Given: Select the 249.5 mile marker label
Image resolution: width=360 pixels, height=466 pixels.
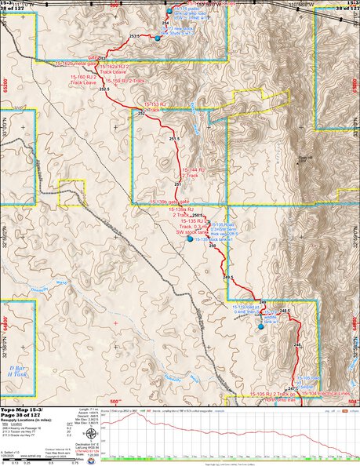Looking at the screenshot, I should click(228, 277).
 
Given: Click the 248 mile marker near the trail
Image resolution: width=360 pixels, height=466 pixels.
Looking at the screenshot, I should click(297, 345).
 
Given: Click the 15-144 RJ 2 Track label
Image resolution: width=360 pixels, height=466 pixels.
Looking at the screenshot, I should click(193, 173).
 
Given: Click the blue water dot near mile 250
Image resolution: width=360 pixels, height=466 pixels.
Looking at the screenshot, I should click(189, 239).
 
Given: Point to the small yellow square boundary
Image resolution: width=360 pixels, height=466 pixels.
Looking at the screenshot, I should click(71, 191).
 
